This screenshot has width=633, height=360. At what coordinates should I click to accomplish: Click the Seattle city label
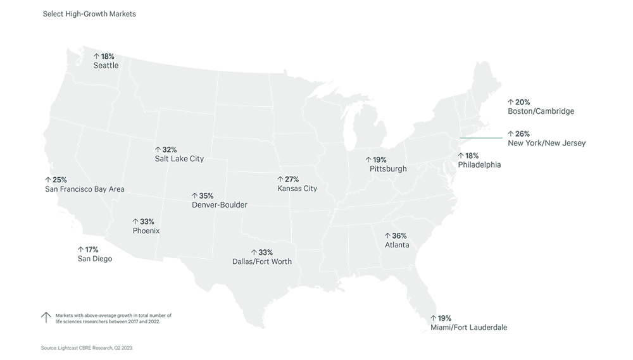pyautogui.click(x=106, y=65)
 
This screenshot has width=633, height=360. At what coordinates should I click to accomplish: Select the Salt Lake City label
pyautogui.click(x=179, y=159)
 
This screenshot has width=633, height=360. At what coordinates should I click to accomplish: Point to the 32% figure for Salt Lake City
pyautogui.click(x=169, y=150)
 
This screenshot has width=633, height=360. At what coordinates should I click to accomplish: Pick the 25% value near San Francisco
pyautogui.click(x=58, y=180)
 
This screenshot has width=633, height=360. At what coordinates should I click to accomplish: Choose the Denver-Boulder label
pyautogui.click(x=219, y=205)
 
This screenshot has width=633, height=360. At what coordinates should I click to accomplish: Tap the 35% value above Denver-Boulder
pyautogui.click(x=206, y=196)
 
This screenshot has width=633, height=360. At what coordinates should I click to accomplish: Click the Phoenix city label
pyautogui.click(x=146, y=231)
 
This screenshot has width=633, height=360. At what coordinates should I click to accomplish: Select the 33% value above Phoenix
pyautogui.click(x=147, y=222)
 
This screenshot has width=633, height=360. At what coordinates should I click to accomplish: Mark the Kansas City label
pyautogui.click(x=297, y=189)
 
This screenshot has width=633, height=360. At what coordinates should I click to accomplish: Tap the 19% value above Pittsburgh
pyautogui.click(x=379, y=160)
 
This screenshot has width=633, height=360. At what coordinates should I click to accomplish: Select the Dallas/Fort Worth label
pyautogui.click(x=263, y=261)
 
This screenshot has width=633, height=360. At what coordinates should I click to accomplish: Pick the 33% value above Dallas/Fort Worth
pyautogui.click(x=266, y=252)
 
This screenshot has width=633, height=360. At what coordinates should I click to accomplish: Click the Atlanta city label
pyautogui.click(x=397, y=245)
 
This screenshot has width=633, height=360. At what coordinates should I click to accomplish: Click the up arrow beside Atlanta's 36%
pyautogui.click(x=387, y=236)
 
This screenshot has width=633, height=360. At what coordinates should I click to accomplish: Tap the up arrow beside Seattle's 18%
pyautogui.click(x=96, y=56)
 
